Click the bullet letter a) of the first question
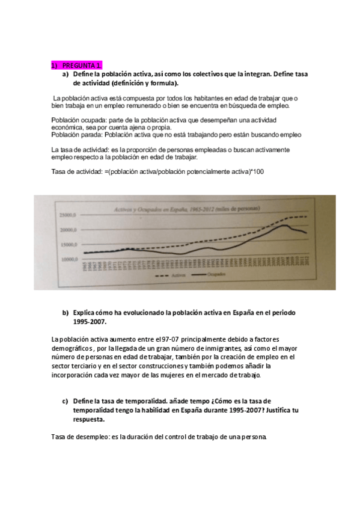pyautogui.click(x=66, y=74)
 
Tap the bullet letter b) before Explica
pyautogui.click(x=66, y=313)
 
